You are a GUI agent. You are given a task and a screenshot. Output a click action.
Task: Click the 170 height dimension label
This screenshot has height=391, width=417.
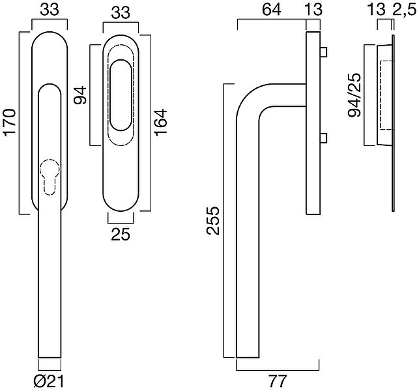coord(10,123)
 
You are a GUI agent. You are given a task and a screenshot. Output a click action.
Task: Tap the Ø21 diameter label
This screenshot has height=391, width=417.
coord(49,382)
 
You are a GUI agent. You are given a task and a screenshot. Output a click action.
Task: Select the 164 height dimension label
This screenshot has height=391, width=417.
coord(161,123)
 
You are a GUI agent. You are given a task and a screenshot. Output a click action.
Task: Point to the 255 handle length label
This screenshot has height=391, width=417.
coord(213,220)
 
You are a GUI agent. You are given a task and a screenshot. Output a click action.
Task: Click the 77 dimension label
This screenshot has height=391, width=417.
coord(278,381)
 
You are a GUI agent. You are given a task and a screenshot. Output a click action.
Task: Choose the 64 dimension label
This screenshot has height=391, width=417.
coord(271,10)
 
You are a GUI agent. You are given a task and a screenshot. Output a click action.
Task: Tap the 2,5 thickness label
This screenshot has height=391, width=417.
coord(405,10)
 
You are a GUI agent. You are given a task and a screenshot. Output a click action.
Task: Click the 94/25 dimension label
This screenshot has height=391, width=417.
coord(354,95)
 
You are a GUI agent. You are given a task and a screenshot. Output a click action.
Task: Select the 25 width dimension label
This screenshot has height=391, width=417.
coord(121,235)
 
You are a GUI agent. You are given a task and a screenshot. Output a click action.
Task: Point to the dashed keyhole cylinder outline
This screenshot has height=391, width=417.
coord(50,177)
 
